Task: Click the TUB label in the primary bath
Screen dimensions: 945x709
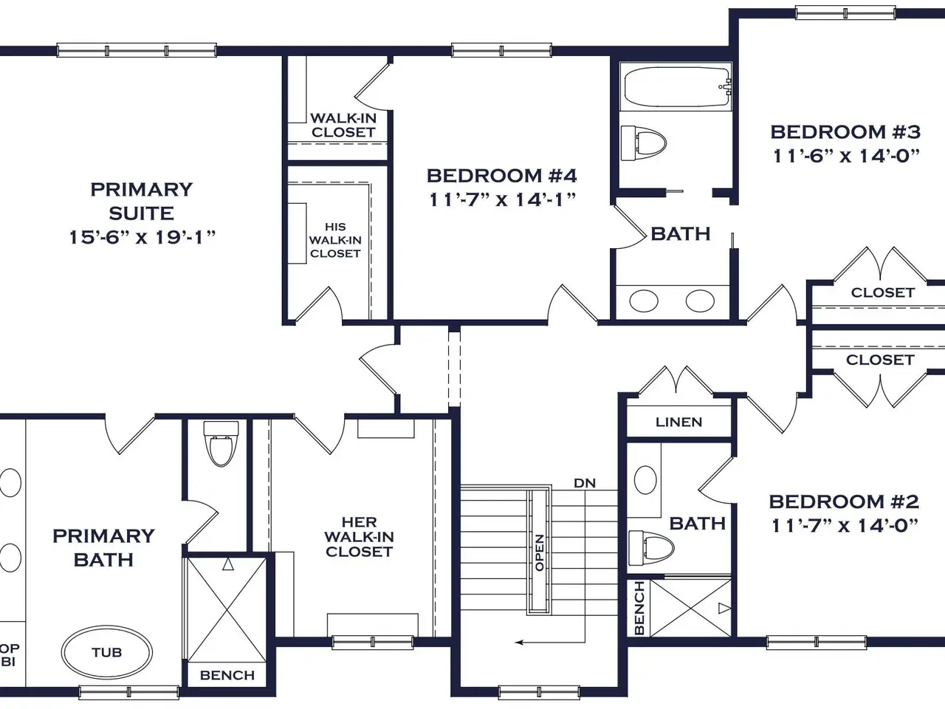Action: (107, 652)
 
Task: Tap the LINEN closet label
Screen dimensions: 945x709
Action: (679, 422)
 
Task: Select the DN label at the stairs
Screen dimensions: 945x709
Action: (585, 483)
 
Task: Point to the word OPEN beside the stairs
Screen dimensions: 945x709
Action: (540, 552)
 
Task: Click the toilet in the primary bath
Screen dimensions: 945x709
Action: (221, 443)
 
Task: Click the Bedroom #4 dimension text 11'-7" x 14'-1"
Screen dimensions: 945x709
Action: (502, 199)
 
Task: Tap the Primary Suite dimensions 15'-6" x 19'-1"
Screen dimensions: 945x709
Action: (142, 237)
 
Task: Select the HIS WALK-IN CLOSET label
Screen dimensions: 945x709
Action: (335, 240)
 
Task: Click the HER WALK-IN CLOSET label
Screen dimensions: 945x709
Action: (359, 537)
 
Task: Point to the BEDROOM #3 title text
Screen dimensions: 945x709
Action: (845, 131)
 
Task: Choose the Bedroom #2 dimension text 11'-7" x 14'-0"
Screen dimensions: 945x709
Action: (845, 525)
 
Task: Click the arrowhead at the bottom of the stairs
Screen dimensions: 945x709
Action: (519, 643)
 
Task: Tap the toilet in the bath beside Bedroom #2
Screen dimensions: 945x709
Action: (651, 548)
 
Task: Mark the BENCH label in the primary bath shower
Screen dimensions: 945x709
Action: (227, 675)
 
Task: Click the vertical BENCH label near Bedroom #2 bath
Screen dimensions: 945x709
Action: (640, 607)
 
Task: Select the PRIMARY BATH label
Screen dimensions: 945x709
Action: (103, 547)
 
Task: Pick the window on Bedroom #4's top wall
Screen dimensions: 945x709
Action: (501, 50)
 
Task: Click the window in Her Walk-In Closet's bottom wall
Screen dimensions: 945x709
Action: (373, 643)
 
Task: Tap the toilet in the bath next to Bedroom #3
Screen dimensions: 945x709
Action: (644, 143)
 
